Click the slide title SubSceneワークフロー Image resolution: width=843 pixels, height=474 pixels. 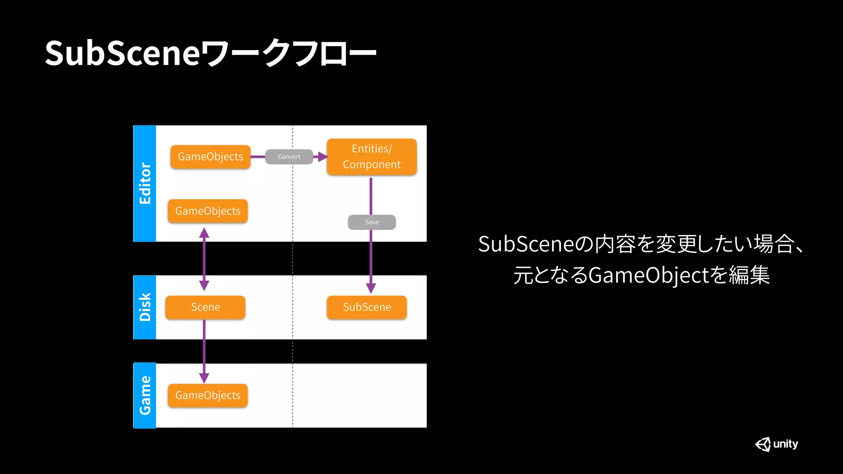(210, 53)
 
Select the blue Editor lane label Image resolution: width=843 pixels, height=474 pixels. (145, 184)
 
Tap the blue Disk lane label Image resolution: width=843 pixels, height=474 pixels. (145, 307)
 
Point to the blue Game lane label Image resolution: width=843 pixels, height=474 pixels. (145, 395)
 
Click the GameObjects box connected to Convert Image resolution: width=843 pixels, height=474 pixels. (210, 157)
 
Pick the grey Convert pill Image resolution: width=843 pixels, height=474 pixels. (289, 157)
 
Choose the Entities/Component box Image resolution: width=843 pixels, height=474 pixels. (372, 157)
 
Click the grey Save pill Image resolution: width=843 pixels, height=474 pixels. (372, 222)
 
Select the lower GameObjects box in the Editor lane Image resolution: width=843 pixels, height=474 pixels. (208, 211)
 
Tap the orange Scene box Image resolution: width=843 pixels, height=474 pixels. (205, 307)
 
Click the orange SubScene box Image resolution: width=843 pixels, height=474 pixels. (367, 307)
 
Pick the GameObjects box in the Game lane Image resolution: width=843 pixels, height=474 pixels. (208, 395)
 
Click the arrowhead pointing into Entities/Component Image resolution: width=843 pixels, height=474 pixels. (323, 157)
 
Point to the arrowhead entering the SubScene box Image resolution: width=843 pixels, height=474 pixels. (371, 288)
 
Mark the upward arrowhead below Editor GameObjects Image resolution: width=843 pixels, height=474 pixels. (204, 233)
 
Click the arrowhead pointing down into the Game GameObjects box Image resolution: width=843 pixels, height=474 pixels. (204, 378)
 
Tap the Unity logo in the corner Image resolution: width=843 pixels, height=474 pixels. (776, 444)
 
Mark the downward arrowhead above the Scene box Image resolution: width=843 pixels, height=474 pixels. (204, 285)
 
